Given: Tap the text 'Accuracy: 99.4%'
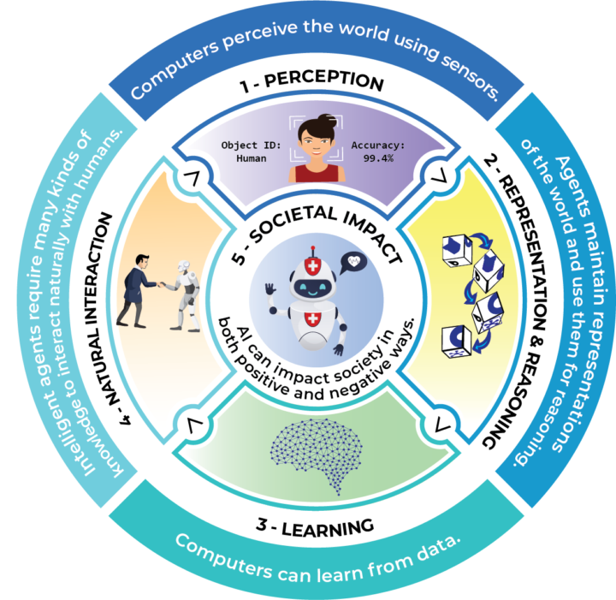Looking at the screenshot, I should click(x=377, y=151).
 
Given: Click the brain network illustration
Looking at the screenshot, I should click(x=308, y=454).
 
